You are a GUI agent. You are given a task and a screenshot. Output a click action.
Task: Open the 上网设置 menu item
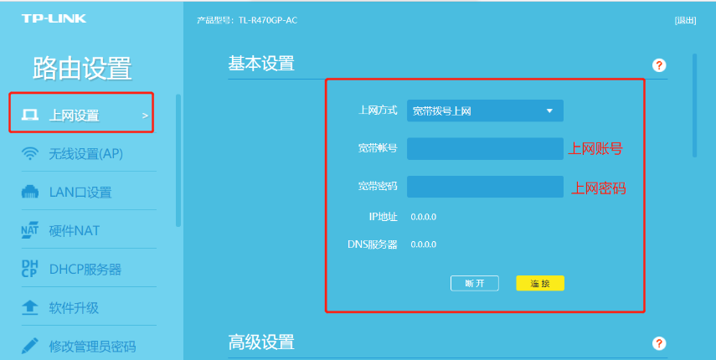[x=74, y=116]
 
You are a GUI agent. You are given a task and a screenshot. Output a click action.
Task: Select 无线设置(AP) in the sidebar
[x=86, y=154]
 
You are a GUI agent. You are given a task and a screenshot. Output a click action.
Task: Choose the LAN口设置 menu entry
[x=80, y=193]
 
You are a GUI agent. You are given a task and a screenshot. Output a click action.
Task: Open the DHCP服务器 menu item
[x=85, y=270]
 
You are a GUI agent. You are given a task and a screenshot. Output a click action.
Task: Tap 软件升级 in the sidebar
[x=74, y=308]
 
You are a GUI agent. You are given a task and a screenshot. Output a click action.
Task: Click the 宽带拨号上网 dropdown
[x=485, y=111]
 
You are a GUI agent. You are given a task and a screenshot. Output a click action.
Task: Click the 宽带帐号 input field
[x=485, y=148]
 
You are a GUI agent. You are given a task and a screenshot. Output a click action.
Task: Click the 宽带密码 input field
[x=485, y=187]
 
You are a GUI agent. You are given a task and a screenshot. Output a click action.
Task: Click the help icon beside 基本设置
[x=659, y=65]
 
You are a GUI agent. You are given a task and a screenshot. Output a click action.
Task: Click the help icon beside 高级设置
[x=659, y=343]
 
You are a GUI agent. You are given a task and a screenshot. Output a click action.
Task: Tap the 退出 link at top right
[x=685, y=20]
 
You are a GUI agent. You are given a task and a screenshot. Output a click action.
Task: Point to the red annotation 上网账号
[x=595, y=149]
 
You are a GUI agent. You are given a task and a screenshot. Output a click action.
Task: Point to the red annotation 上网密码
[x=599, y=188]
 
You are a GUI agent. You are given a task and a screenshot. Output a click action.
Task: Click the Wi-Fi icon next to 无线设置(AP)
[x=30, y=154]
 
